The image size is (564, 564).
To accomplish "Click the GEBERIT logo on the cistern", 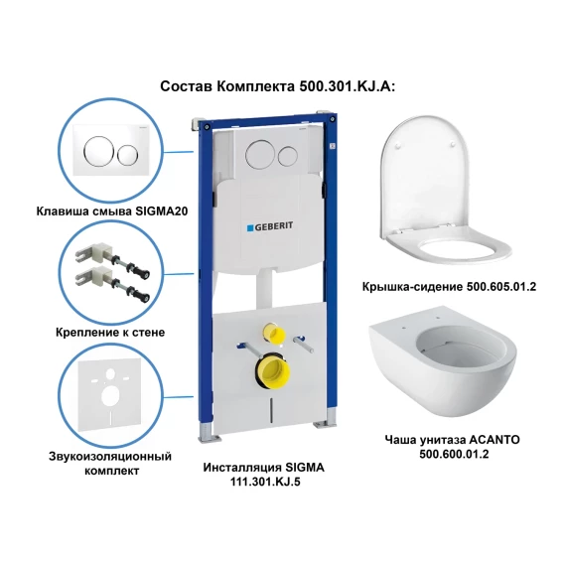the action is pyautogui.click(x=270, y=226).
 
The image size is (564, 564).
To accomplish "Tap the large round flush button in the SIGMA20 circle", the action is pyautogui.click(x=96, y=150).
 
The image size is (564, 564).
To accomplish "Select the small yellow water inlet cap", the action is pyautogui.click(x=273, y=333).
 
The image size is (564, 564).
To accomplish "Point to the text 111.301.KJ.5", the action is pyautogui.click(x=265, y=482).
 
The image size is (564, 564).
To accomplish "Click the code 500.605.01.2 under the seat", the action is pyautogui.click(x=501, y=286).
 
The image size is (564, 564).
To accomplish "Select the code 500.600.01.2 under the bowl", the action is pyautogui.click(x=454, y=454).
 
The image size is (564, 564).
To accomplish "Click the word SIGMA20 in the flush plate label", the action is pyautogui.click(x=162, y=211).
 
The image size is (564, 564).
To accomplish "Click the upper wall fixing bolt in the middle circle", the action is pyautogui.click(x=112, y=262).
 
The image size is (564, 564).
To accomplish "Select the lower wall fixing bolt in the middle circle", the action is pyautogui.click(x=112, y=287).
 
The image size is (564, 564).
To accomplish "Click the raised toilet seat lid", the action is pyautogui.click(x=425, y=176).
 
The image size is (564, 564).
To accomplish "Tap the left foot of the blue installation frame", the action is pyautogui.click(x=210, y=432).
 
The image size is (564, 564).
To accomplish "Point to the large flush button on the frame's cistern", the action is pyautogui.click(x=258, y=155).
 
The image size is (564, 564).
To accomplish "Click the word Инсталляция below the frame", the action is pyautogui.click(x=242, y=468).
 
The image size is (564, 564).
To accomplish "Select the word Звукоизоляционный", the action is pyautogui.click(x=110, y=457).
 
